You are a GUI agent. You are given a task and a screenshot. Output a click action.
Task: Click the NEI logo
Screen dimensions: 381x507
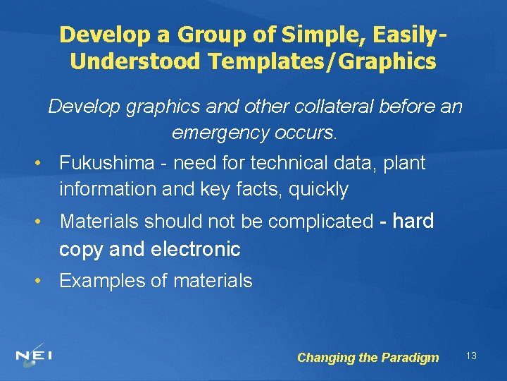tap(35, 355)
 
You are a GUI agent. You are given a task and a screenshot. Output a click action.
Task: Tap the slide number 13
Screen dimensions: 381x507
tap(471, 356)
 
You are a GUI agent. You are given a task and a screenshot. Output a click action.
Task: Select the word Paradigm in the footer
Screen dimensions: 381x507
tap(410, 358)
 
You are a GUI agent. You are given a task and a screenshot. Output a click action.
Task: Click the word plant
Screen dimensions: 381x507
tap(407, 164)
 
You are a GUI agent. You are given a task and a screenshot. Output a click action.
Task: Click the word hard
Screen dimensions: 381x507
tap(413, 221)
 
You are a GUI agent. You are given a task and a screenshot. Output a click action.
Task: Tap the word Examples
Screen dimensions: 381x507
tap(99, 281)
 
